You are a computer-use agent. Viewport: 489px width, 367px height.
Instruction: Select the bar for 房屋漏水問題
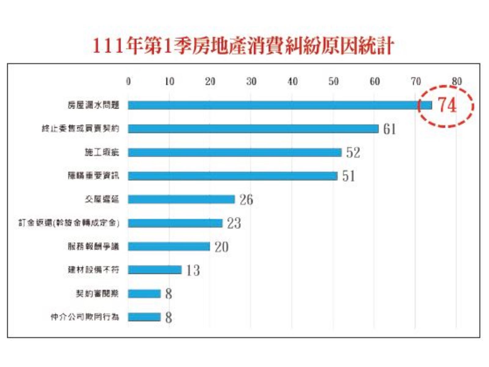pyautogui.click(x=280, y=105)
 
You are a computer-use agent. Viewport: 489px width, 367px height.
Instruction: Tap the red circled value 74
pyautogui.click(x=447, y=105)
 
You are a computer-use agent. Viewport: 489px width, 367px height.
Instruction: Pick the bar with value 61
pyautogui.click(x=253, y=129)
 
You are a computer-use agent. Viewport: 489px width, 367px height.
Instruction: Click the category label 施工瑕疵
pyautogui.click(x=102, y=152)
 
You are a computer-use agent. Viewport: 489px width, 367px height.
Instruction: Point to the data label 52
pyautogui.click(x=353, y=152)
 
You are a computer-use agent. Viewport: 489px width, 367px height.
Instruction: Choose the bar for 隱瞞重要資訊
pyautogui.click(x=233, y=176)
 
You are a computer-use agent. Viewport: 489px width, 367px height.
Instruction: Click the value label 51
pyautogui.click(x=349, y=176)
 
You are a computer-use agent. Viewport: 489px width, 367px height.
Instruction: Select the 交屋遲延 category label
pyautogui.click(x=102, y=199)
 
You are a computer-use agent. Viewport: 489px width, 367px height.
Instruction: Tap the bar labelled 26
pyautogui.click(x=181, y=199)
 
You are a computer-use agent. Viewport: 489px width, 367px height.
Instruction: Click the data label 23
pyautogui.click(x=234, y=223)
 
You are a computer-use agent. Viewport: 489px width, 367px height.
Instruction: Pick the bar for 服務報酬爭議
pyautogui.click(x=169, y=247)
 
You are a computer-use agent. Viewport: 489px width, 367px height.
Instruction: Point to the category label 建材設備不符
pyautogui.click(x=93, y=270)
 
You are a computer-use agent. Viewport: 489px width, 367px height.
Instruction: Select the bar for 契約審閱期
pyautogui.click(x=144, y=294)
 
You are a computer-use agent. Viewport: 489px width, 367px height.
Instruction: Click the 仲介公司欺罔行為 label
pyautogui.click(x=85, y=317)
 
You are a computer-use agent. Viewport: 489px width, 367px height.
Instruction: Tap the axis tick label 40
pyautogui.click(x=292, y=81)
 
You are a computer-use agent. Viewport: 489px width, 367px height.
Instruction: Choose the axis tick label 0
pyautogui.click(x=128, y=81)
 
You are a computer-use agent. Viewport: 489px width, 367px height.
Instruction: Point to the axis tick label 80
pyautogui.click(x=457, y=81)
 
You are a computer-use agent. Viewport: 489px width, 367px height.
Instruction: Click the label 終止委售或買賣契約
pyautogui.click(x=80, y=129)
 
